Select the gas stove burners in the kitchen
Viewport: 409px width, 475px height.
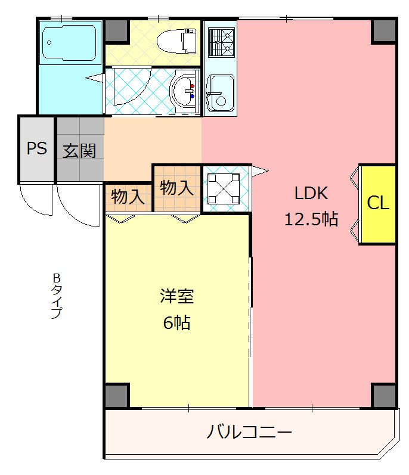click(x=221, y=41)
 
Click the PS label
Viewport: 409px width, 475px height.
click(x=36, y=148)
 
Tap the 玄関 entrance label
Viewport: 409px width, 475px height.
click(x=80, y=151)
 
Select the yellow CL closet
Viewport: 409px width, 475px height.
click(x=377, y=203)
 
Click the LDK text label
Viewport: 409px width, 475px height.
click(x=311, y=193)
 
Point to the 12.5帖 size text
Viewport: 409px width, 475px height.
click(x=311, y=219)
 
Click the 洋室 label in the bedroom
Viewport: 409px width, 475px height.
click(x=176, y=296)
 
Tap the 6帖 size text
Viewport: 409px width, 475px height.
click(x=176, y=322)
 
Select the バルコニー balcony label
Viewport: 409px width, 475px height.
click(x=250, y=431)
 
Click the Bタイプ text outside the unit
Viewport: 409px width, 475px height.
click(x=57, y=296)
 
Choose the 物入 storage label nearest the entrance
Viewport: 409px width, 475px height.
click(x=128, y=197)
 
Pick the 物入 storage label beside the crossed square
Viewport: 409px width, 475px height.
click(x=176, y=188)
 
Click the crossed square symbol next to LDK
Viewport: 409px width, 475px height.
click(x=224, y=188)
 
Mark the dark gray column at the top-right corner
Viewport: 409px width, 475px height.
click(x=384, y=31)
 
